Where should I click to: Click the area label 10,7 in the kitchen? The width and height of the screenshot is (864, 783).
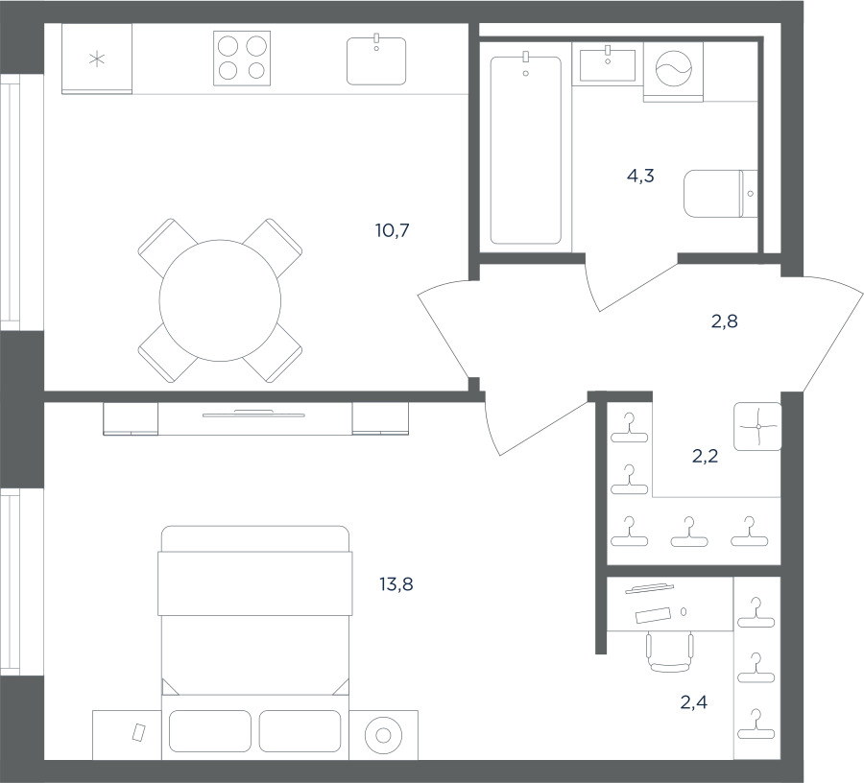tap(393, 230)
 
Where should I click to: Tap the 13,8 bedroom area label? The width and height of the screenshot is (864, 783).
tap(396, 583)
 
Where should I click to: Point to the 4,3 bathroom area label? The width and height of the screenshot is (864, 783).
tap(640, 176)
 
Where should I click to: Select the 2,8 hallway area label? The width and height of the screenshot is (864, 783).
tap(724, 320)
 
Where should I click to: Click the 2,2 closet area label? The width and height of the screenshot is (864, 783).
tap(705, 456)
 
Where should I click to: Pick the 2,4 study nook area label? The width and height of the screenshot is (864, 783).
tap(694, 702)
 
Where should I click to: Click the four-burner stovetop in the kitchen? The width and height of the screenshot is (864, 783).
tap(242, 59)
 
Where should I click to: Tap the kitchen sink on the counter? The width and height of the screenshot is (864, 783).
tap(376, 60)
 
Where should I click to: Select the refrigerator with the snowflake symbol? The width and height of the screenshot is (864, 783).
tap(97, 59)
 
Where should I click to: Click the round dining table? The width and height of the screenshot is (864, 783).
tap(220, 300)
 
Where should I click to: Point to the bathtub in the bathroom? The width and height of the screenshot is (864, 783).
tap(526, 150)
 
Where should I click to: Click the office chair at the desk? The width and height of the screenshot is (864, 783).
tap(669, 652)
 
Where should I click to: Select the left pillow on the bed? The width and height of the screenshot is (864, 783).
tap(210, 730)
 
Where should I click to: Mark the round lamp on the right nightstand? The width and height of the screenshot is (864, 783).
tap(383, 735)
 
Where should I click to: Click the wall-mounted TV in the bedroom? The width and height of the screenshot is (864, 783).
tap(253, 414)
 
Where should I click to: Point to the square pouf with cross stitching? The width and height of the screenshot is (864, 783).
tap(757, 426)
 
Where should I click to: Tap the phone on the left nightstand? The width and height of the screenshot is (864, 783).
tap(139, 732)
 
